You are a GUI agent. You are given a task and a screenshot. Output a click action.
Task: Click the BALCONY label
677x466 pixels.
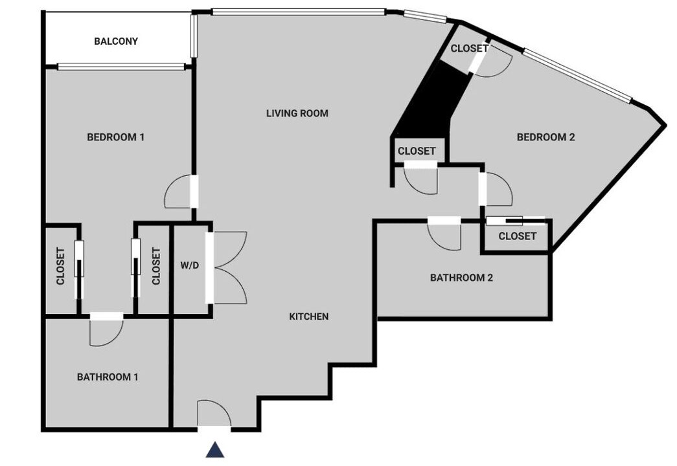point(116,41)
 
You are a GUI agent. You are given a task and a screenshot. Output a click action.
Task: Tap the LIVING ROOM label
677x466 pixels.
point(297,113)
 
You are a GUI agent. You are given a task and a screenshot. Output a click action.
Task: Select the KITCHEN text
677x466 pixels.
point(309,316)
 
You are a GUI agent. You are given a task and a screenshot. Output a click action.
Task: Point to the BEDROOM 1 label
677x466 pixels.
point(116,137)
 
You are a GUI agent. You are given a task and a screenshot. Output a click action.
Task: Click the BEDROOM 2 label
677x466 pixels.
point(545,137)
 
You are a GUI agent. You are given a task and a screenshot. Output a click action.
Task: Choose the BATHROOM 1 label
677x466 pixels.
point(108,377)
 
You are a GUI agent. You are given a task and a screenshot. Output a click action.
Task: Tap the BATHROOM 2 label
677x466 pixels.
point(461,278)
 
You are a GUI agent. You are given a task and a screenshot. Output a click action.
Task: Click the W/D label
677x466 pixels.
point(190,265)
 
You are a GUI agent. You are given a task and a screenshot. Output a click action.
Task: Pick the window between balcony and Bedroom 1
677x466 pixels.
point(121,67)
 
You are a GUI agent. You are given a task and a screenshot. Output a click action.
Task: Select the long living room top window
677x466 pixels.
point(299,12)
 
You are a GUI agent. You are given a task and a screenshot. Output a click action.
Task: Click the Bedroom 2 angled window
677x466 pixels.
point(578,76)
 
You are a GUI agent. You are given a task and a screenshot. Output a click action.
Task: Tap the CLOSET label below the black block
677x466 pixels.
point(417,151)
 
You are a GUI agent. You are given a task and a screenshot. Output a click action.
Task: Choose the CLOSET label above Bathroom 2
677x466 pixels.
point(517,236)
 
